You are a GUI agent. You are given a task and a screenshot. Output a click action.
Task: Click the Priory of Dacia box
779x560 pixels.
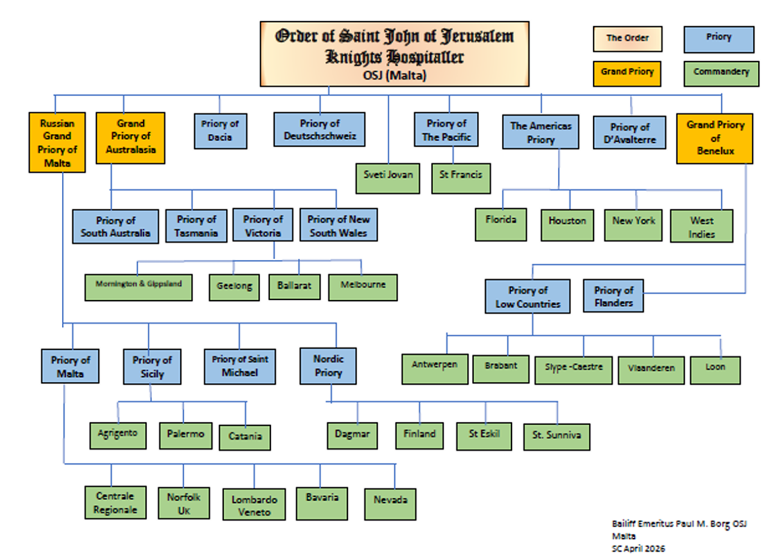[x=220, y=131]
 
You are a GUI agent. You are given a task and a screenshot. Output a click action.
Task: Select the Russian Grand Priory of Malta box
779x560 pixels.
[x=57, y=143]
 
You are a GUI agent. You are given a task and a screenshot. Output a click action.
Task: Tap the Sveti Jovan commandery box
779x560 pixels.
[x=388, y=178]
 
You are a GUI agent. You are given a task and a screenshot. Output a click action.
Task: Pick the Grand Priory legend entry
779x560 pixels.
[x=627, y=73]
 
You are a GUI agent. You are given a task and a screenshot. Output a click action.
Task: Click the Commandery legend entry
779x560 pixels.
[x=721, y=73]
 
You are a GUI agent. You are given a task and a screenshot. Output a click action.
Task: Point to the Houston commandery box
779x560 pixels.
[x=567, y=225]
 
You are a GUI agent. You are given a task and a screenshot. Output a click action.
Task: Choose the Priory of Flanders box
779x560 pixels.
[x=613, y=296]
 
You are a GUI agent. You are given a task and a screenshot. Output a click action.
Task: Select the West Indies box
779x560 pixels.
[x=701, y=226]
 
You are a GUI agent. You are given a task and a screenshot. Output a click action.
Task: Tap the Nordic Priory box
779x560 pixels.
[x=328, y=366]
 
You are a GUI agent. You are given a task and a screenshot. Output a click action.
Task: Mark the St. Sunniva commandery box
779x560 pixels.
[x=557, y=437]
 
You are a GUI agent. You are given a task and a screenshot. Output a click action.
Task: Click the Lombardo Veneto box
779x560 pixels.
[x=254, y=505]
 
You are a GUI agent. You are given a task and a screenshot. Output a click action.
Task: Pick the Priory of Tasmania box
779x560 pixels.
[x=196, y=226]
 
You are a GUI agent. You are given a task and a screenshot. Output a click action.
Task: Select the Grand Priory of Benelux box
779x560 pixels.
[x=715, y=138]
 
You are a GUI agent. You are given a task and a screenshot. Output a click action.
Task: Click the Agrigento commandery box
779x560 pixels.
[x=118, y=435]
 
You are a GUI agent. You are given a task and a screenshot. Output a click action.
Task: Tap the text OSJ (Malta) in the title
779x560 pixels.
[x=394, y=76]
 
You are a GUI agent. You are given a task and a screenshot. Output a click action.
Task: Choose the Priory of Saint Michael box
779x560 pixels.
[x=240, y=366]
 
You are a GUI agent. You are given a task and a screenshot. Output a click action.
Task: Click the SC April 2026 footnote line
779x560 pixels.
[x=638, y=549]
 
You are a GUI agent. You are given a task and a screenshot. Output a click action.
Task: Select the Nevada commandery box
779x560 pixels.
[x=390, y=504]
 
